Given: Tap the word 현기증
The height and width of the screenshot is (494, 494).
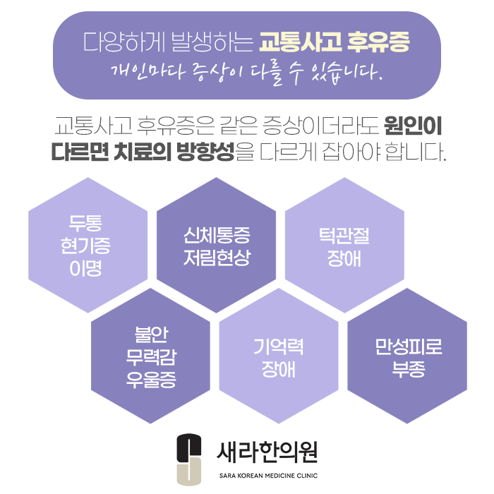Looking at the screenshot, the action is pyautogui.click(x=86, y=246).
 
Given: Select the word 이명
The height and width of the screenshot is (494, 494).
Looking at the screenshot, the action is pyautogui.click(x=86, y=268).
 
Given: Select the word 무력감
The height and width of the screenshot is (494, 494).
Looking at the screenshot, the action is pyautogui.click(x=150, y=356).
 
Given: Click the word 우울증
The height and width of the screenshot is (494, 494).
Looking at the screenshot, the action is pyautogui.click(x=150, y=380).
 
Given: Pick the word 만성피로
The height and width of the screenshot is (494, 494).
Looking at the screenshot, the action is pyautogui.click(x=409, y=347).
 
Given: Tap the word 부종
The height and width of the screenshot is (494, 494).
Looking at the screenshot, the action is pyautogui.click(x=409, y=369).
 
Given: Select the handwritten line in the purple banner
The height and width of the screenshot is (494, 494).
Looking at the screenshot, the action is pyautogui.click(x=247, y=72).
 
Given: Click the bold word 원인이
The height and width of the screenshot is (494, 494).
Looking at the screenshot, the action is pyautogui.click(x=414, y=128).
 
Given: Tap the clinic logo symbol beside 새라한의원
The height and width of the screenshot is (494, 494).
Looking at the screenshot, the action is pyautogui.click(x=189, y=458).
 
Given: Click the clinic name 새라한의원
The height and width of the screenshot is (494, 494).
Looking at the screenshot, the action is pyautogui.click(x=267, y=449).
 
